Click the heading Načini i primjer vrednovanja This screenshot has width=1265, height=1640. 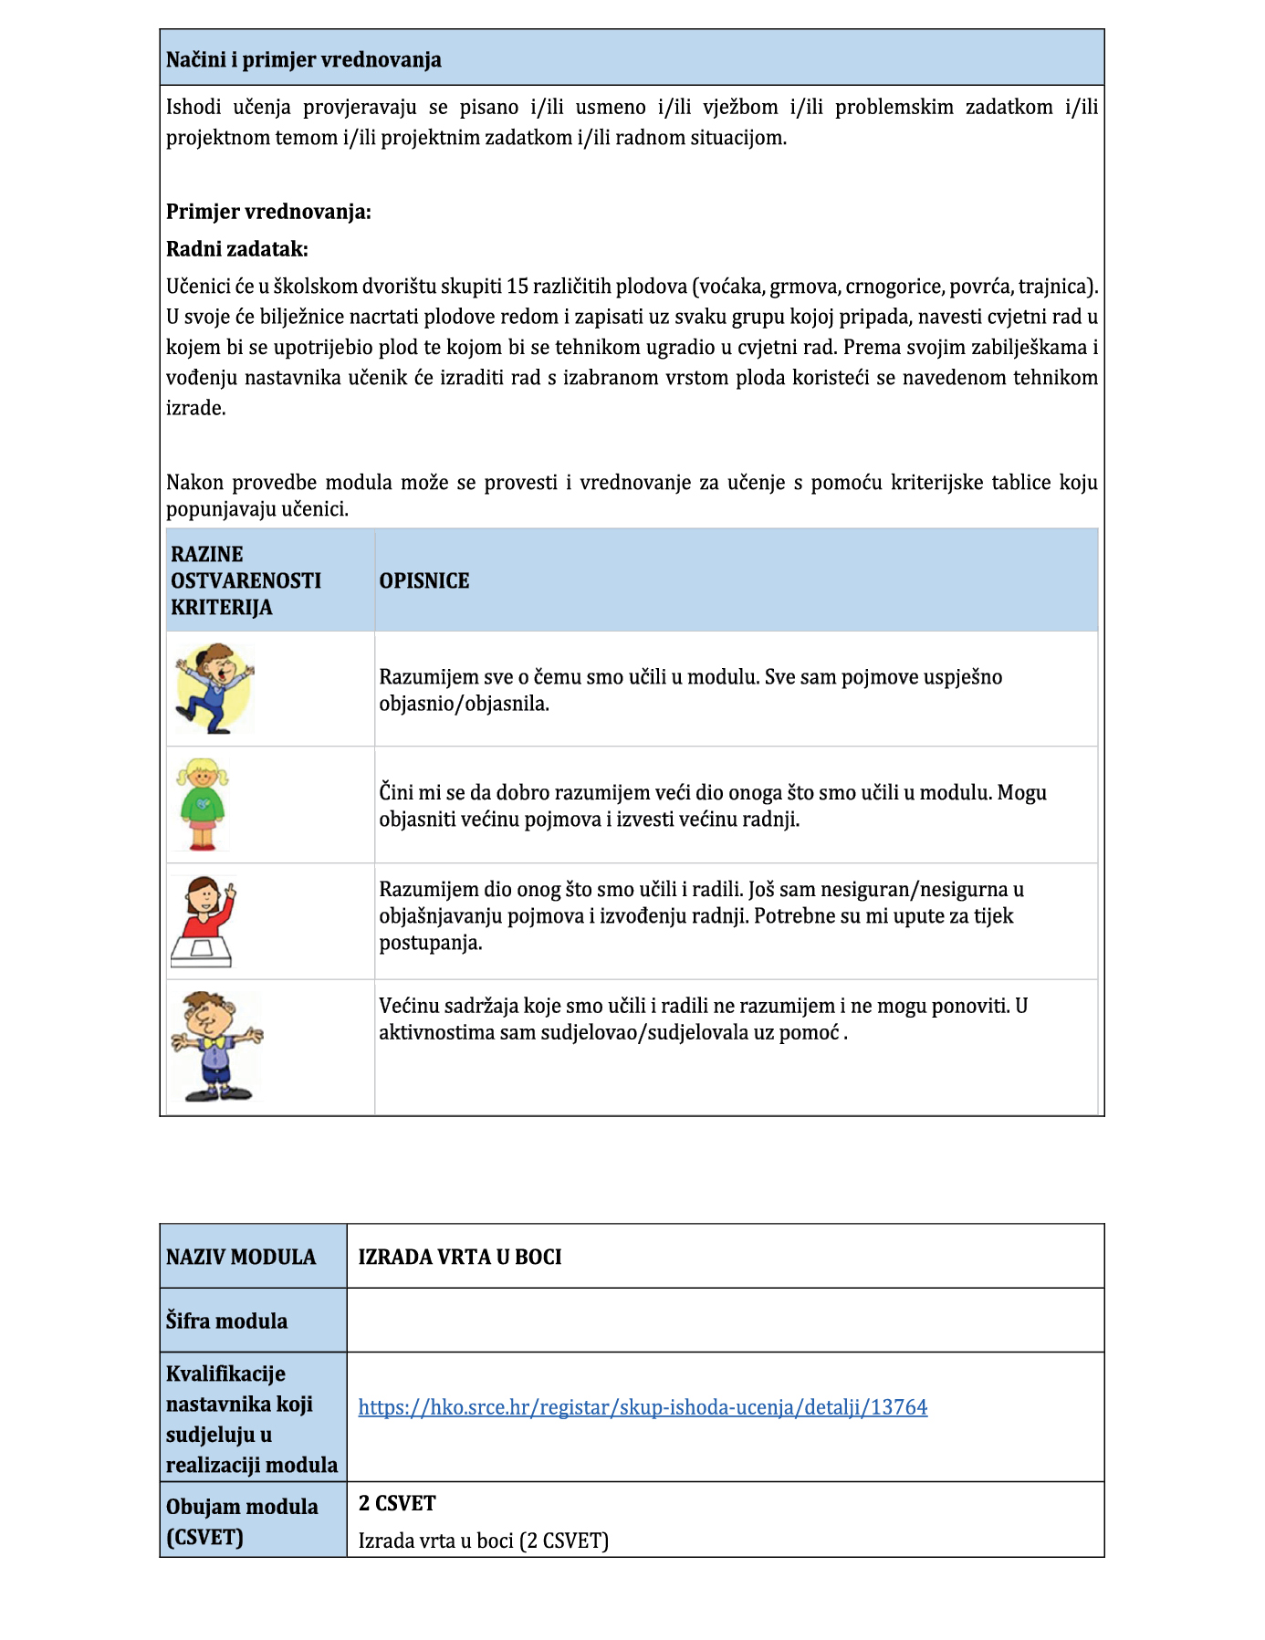point(303,60)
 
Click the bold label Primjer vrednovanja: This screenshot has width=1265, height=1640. point(268,213)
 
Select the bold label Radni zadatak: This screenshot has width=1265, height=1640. point(236,249)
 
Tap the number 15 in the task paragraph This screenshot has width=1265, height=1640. point(517,287)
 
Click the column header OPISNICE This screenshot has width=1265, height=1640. point(423,581)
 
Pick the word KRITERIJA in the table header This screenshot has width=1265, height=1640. point(221,608)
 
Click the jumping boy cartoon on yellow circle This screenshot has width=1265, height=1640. point(215,689)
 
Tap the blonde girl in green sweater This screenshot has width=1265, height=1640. point(203,804)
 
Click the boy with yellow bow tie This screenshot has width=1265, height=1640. point(215,1046)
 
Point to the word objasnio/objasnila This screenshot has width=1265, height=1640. point(464,705)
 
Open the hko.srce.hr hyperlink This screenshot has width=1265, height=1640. point(643,1407)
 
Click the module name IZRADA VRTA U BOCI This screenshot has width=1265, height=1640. point(459,1257)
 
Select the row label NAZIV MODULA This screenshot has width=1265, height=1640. point(241,1257)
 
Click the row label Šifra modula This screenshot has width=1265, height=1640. point(226,1321)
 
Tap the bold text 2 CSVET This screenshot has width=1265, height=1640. point(397,1503)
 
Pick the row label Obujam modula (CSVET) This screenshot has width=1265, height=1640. point(242,1521)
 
